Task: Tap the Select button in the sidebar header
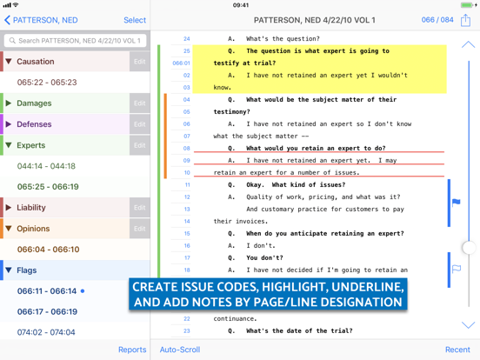pyautogui.click(x=135, y=20)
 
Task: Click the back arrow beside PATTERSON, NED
pyautogui.click(x=7, y=20)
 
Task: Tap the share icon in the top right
pyautogui.click(x=465, y=20)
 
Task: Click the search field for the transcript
pyautogui.click(x=75, y=41)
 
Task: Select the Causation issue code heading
pyautogui.click(x=36, y=62)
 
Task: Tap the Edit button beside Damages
pyautogui.click(x=140, y=103)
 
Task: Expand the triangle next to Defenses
pyautogui.click(x=9, y=124)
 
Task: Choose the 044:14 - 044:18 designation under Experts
pyautogui.click(x=46, y=166)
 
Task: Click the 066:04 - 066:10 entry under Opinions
pyautogui.click(x=49, y=250)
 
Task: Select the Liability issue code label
pyautogui.click(x=31, y=208)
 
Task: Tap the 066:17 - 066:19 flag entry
pyautogui.click(x=47, y=311)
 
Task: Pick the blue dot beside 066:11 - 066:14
pyautogui.click(x=83, y=290)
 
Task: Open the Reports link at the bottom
pyautogui.click(x=132, y=350)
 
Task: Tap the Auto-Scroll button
pyautogui.click(x=180, y=350)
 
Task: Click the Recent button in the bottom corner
pyautogui.click(x=457, y=350)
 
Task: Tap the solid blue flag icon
pyautogui.click(x=457, y=202)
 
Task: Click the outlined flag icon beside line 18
pyautogui.click(x=457, y=269)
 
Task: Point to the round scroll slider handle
pyautogui.click(x=469, y=247)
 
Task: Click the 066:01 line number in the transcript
pyautogui.click(x=181, y=63)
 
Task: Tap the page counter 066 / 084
pyautogui.click(x=437, y=20)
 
